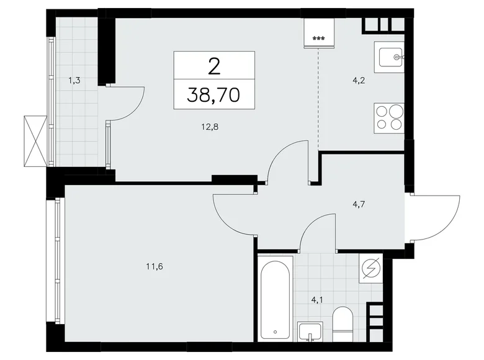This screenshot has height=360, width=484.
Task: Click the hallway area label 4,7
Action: tap(359, 200)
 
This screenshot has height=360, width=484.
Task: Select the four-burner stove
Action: tap(390, 116)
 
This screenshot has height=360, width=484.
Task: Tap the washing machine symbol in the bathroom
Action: tap(371, 268)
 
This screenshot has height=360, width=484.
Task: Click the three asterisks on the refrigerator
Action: tap(318, 39)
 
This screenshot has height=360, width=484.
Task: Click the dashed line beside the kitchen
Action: tap(319, 99)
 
